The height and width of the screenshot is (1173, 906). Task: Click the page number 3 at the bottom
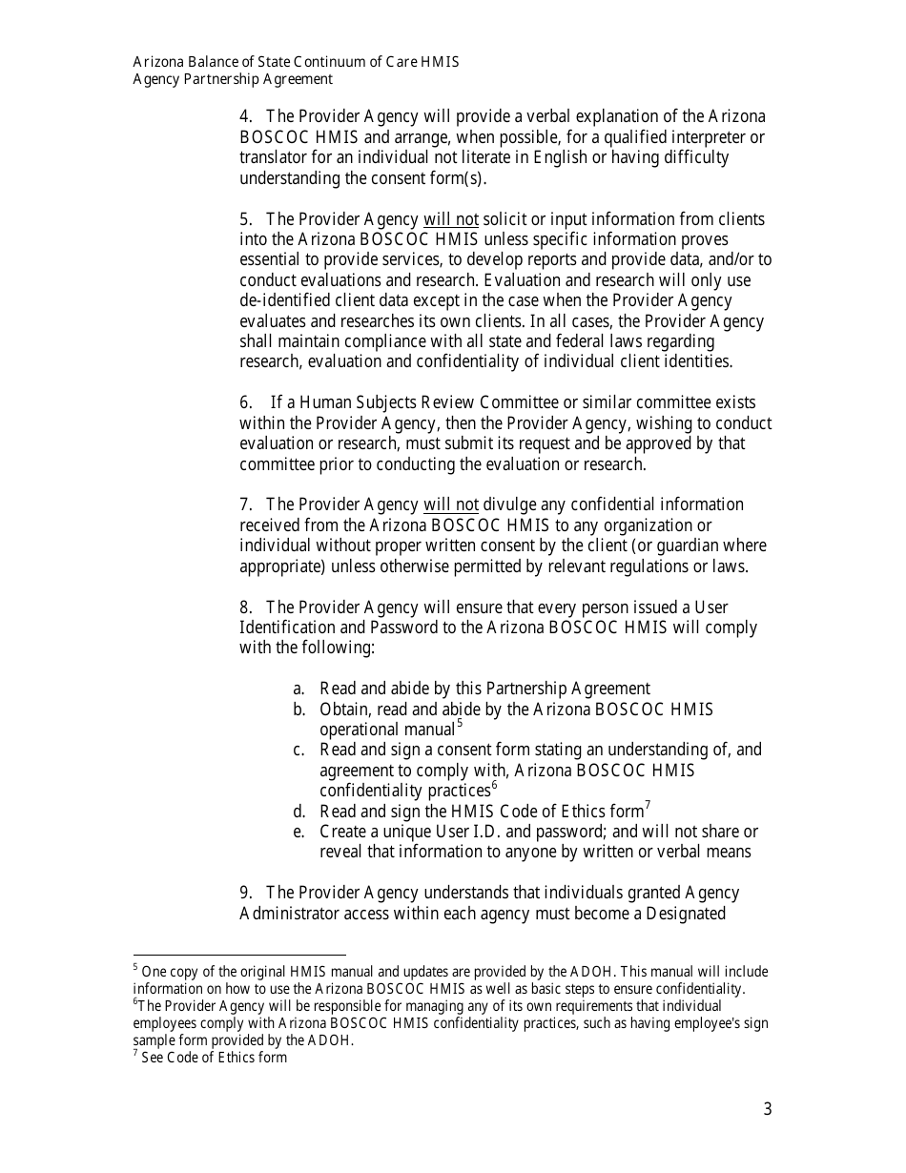click(x=767, y=1109)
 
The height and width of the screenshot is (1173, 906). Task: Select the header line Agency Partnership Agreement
click(x=233, y=80)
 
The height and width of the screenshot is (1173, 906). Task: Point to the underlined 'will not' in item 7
click(x=450, y=504)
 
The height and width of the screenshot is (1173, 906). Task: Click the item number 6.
click(x=246, y=402)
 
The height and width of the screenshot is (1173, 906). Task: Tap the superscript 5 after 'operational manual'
click(x=460, y=725)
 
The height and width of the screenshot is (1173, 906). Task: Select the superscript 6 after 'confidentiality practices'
click(x=494, y=786)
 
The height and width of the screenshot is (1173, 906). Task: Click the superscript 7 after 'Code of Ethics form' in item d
click(x=648, y=807)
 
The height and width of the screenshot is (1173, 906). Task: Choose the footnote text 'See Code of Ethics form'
click(x=214, y=1057)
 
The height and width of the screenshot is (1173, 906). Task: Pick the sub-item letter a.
click(x=299, y=689)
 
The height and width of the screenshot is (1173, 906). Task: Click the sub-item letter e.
click(x=299, y=832)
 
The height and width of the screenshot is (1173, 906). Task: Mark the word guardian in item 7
click(x=683, y=545)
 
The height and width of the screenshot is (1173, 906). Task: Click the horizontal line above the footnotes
click(x=238, y=954)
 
